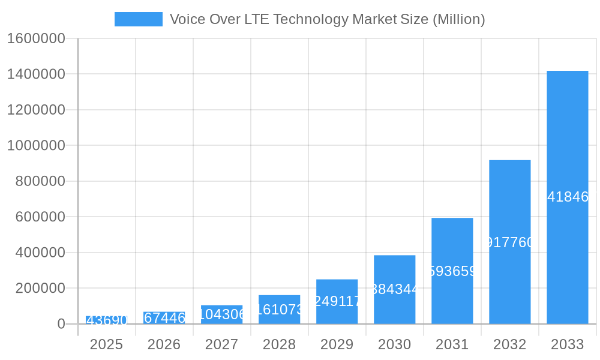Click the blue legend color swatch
138,19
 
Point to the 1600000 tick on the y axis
36,38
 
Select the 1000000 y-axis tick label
36,146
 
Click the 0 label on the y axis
61,324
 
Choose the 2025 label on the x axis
106,344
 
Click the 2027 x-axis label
221,344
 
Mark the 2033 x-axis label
567,344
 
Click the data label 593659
452,271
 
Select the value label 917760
509,242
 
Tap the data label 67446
164,318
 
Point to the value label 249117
337,301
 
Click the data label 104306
221,314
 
